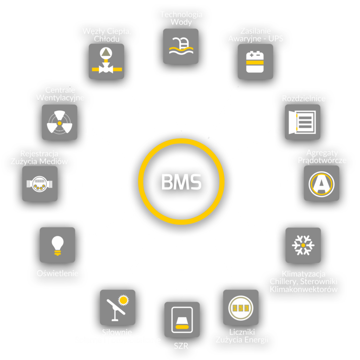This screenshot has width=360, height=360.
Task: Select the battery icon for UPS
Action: tap(255, 62)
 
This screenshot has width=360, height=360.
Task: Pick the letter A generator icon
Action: tap(321, 183)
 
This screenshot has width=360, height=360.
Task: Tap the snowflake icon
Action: tap(303, 245)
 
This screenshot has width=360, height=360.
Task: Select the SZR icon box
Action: tap(182, 320)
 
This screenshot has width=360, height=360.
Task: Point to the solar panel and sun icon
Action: tap(117, 307)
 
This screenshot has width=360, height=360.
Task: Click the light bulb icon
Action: tap(57, 245)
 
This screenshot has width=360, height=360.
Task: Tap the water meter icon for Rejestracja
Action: tap(40, 184)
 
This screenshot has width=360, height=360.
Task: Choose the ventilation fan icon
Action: tap(59, 122)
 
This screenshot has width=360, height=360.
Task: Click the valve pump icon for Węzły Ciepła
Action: tap(106, 61)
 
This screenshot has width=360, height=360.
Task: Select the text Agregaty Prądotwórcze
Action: tap(322, 156)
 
